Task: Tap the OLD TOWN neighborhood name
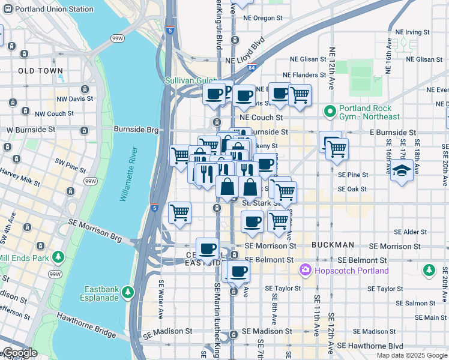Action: (41, 71)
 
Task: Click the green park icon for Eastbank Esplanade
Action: (127, 292)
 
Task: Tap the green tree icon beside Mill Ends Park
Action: (58, 257)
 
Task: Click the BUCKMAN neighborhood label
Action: (333, 245)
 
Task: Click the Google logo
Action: (20, 353)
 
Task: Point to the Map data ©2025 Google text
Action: (411, 355)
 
